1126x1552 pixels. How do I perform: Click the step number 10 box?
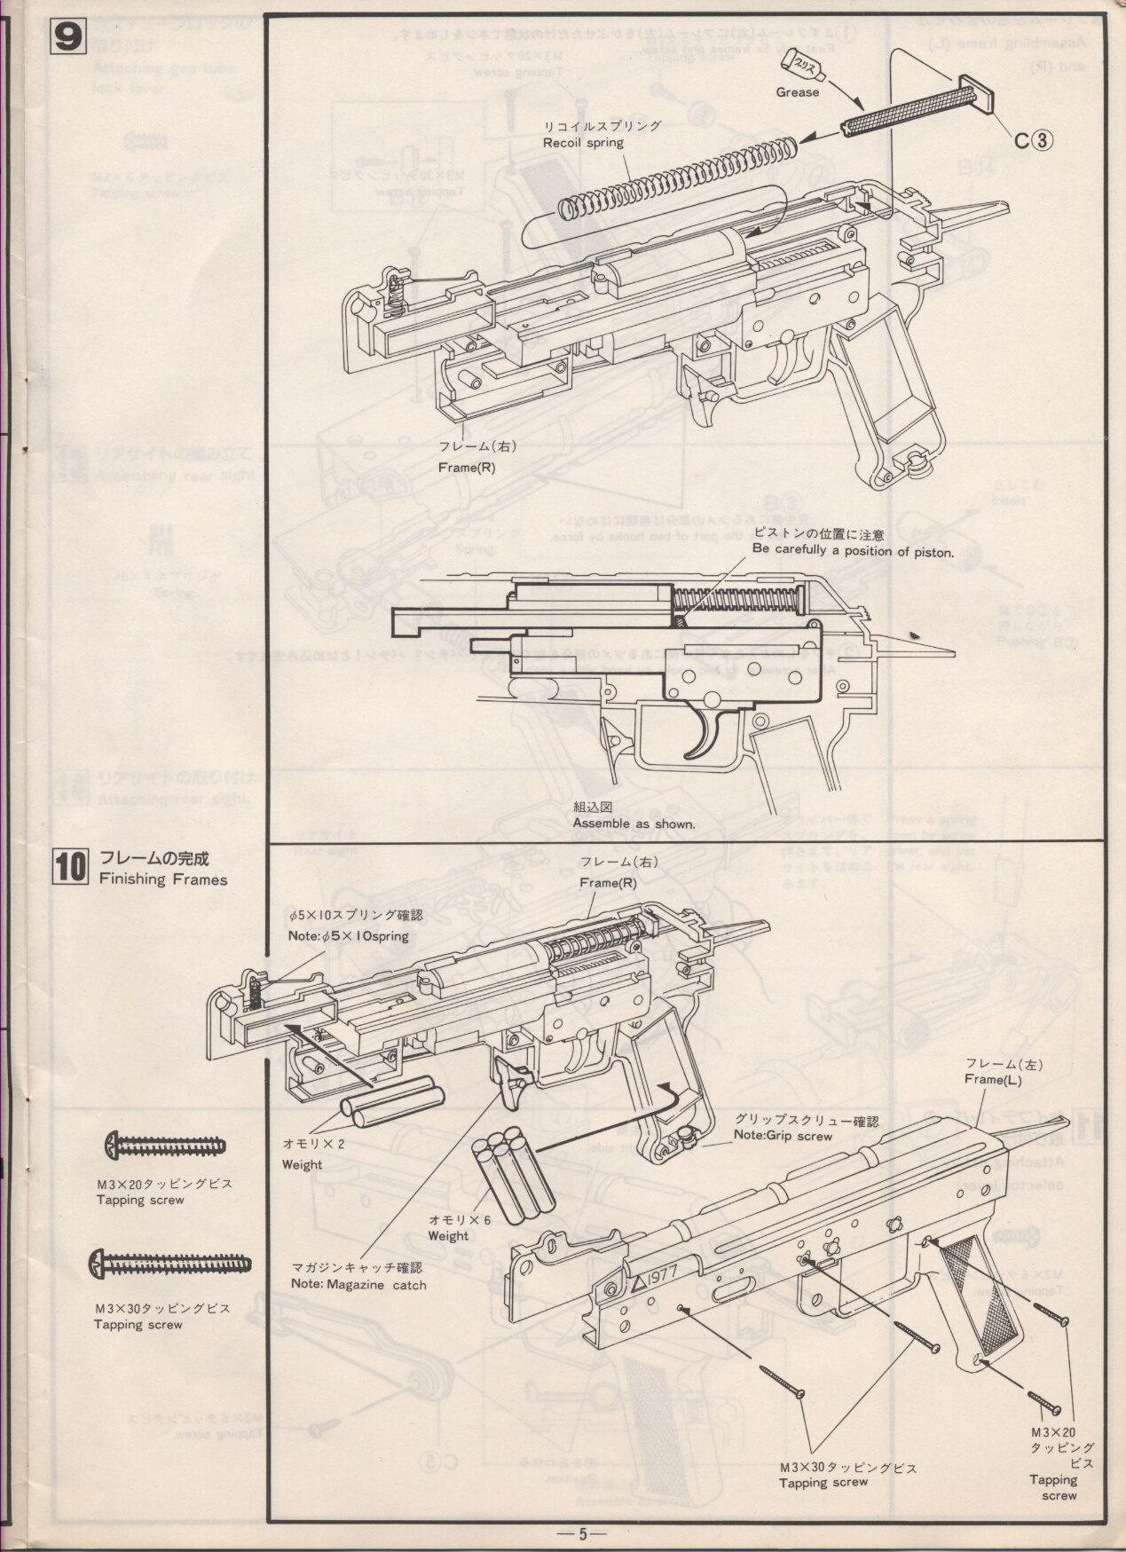[x=69, y=867]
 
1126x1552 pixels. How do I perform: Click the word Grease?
[x=797, y=92]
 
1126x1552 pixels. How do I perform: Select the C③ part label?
[x=1033, y=139]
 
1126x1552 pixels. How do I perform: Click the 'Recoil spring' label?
[x=583, y=143]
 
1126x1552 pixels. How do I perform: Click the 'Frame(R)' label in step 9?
[x=466, y=468]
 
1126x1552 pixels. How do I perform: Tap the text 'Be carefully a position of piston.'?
[x=852, y=551]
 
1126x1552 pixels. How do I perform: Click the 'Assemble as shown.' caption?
[x=634, y=824]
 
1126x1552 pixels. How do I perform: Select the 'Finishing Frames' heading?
[x=163, y=879]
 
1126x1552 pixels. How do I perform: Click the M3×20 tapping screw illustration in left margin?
[x=164, y=1146]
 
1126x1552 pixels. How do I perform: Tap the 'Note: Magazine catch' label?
[x=358, y=1284]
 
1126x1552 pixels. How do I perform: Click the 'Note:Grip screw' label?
[x=783, y=1136]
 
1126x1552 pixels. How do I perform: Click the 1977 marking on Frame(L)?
[x=656, y=1278]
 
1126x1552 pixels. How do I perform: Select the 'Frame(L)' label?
[x=993, y=1079]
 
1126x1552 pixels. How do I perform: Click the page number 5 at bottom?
[x=582, y=1532]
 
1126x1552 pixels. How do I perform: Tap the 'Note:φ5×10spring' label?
[x=348, y=936]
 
